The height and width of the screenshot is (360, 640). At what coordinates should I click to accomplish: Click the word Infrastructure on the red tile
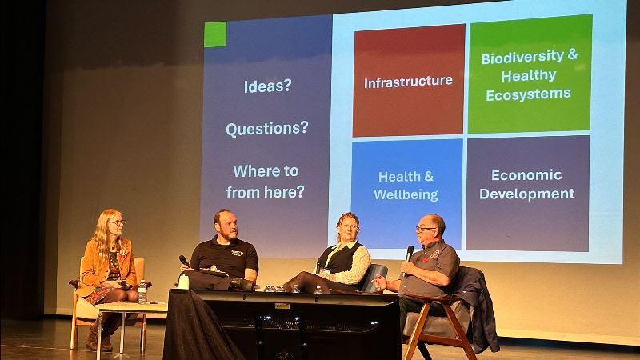[x=408, y=82]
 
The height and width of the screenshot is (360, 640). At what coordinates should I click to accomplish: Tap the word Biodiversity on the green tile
[x=523, y=57]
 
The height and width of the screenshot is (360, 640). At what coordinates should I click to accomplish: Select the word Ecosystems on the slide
[x=528, y=94]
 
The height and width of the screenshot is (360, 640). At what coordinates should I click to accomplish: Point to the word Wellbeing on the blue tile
[x=406, y=194]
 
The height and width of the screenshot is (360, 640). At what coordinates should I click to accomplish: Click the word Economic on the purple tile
[x=526, y=175]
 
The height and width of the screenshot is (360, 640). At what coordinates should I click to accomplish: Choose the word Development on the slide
[x=527, y=194]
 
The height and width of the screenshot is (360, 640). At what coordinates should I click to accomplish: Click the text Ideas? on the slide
[x=268, y=86]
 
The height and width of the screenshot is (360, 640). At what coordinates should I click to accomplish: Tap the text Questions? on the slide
[x=267, y=129]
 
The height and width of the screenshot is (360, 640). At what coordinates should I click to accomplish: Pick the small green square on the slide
[x=215, y=34]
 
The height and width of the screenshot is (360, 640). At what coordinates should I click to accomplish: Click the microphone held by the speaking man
[x=408, y=257]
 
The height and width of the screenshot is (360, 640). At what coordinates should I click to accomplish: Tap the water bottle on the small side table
[x=142, y=291]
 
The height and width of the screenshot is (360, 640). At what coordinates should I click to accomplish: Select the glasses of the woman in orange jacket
[x=118, y=222]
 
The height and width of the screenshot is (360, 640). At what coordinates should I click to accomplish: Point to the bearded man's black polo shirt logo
[x=237, y=253]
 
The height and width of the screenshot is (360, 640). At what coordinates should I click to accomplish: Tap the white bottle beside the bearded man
[x=184, y=281]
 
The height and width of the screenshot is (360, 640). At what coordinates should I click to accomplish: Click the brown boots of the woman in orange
[x=99, y=337]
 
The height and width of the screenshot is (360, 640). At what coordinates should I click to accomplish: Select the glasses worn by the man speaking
[x=425, y=230]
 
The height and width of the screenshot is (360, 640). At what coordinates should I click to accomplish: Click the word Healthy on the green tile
[x=529, y=75]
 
